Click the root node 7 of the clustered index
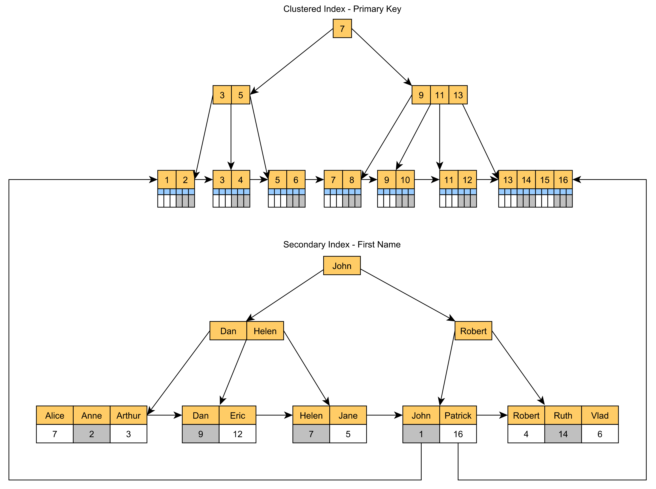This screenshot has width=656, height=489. point(342,28)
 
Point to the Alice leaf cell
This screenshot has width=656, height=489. point(55,415)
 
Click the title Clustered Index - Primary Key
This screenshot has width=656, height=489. point(342,9)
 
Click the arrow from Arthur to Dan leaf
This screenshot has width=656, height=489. point(164,415)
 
